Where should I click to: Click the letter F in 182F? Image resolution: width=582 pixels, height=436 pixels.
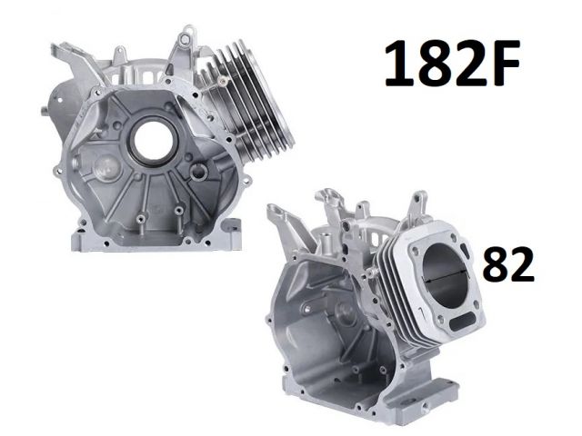pos(503,64)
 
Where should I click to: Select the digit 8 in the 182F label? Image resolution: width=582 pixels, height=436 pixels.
pos(434,64)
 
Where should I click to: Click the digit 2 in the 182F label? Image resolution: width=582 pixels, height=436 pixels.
pos(467,64)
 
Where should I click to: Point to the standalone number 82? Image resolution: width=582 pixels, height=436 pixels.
pos(508,264)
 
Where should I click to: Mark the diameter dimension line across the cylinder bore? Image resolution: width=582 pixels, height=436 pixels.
pos(445,277)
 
